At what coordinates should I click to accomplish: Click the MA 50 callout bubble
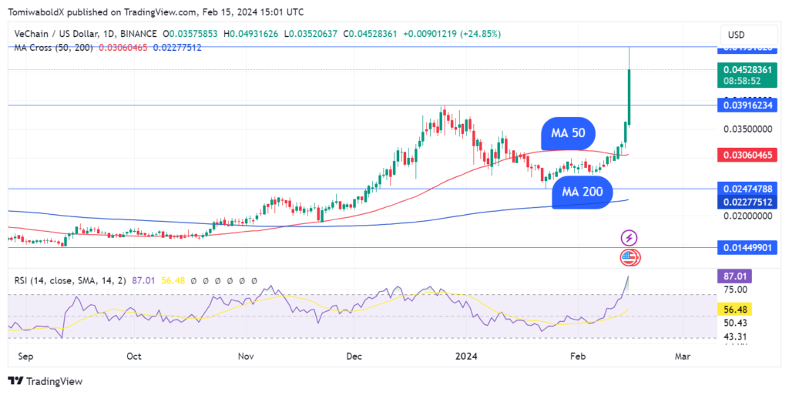pos(568,133)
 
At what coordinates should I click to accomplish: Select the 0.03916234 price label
pos(747,105)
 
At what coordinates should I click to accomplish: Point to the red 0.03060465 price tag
pos(747,155)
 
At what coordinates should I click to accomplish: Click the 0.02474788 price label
pos(747,189)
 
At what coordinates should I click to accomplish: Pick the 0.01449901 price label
pos(747,247)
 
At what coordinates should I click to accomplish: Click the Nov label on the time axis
pos(246,357)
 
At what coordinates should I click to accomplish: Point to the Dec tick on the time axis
pos(354,357)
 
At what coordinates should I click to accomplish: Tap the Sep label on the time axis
pos(24,357)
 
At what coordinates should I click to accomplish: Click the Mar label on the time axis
pos(682,357)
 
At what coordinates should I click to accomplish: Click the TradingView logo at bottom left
pos(45,381)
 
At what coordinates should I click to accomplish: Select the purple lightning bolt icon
pos(629,238)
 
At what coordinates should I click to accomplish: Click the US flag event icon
pos(629,258)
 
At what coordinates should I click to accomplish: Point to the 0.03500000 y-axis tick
pos(747,129)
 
